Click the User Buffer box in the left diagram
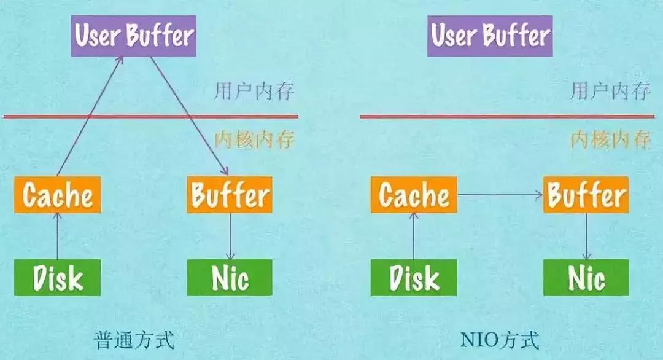pos(133,36)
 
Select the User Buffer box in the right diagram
pos(490,36)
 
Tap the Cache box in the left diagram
pos(57,195)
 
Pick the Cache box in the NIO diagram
pos(414,195)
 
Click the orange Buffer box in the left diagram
pos(230,195)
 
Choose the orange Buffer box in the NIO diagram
pos(586,195)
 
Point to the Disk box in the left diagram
pos(57,278)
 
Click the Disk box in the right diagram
pos(414,278)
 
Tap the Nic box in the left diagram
pos(230,278)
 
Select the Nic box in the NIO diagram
pos(586,278)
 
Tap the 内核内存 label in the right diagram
pos(610,140)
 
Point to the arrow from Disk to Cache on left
pos(57,237)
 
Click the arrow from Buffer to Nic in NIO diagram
pos(586,237)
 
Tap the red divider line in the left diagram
pos(150,116)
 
